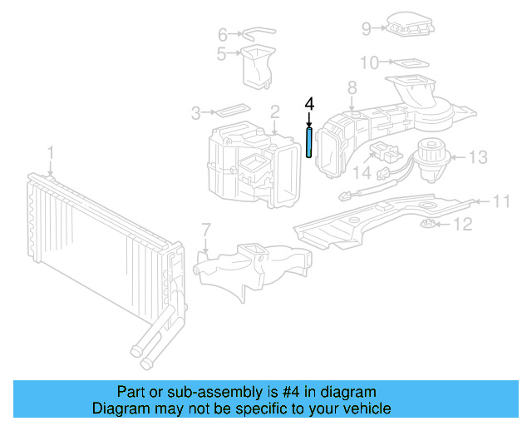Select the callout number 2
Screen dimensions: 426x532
273,111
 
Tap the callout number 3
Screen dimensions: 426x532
196,112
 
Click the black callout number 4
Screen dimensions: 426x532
309,104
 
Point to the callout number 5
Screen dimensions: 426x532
222,55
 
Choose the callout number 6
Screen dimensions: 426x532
222,35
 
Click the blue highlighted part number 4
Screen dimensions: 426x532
309,142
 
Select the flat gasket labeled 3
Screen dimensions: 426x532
229,110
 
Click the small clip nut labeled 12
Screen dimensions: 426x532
431,224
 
